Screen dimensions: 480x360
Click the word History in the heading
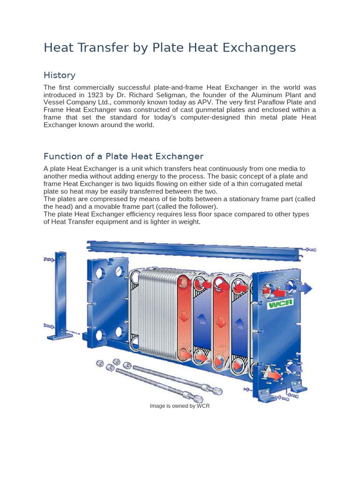[x=59, y=75]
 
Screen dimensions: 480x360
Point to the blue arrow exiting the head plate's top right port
[x=306, y=288]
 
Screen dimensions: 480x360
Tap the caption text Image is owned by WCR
[x=180, y=406]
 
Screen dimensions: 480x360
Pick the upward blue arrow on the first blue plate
[x=202, y=318]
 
